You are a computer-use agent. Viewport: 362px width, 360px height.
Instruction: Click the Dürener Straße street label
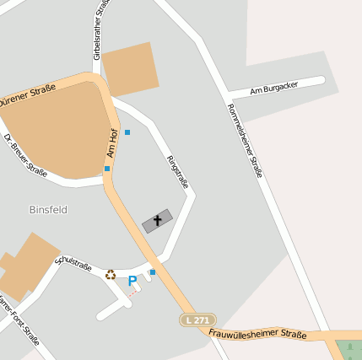[x=27, y=95]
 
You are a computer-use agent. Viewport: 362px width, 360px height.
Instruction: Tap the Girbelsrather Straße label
[x=101, y=30]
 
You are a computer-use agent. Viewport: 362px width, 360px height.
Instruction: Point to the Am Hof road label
[x=111, y=143]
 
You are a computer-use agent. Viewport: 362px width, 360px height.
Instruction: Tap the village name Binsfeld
[x=48, y=209]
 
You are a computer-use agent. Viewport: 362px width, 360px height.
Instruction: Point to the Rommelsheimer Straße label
[x=246, y=140]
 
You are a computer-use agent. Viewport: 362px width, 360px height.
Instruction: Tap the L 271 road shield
[x=198, y=320]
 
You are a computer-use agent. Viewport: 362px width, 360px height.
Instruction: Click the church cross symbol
[x=157, y=221]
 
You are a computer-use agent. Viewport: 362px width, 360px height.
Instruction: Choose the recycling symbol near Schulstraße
[x=110, y=274]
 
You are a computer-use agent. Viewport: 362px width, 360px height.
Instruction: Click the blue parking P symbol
[x=132, y=281]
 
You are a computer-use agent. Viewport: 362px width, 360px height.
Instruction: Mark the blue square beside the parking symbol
[x=153, y=271]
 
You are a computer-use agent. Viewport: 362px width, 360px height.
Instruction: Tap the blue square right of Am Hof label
[x=127, y=132]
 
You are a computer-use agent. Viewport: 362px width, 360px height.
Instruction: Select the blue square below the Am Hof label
[x=107, y=169]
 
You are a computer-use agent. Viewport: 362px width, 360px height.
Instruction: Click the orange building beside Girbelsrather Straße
[x=131, y=67]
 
